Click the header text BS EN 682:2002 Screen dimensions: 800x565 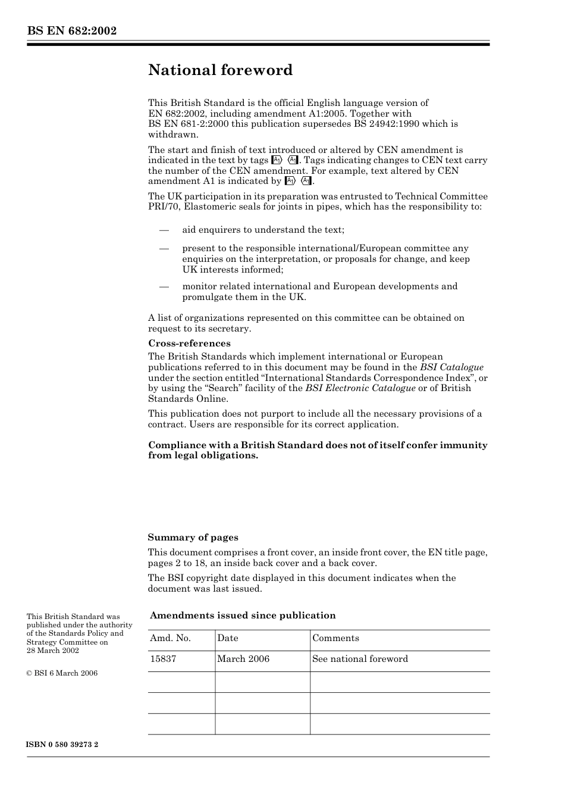[71, 31]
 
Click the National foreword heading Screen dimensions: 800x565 [220, 70]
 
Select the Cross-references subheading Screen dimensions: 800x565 [189, 343]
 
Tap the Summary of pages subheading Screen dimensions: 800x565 [193, 537]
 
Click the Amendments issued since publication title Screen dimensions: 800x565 [243, 615]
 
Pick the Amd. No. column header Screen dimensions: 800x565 [170, 638]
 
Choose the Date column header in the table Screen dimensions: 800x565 [227, 638]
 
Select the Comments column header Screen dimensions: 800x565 [335, 638]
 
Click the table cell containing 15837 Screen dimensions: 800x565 [163, 659]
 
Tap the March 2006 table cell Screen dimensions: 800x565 [243, 659]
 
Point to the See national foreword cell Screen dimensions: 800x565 [360, 659]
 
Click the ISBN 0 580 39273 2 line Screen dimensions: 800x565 [62, 745]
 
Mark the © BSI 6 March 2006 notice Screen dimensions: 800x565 [62, 673]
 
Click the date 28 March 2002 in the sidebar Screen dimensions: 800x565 [53, 651]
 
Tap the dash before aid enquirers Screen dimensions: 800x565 [164, 230]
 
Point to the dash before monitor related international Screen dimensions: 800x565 [164, 286]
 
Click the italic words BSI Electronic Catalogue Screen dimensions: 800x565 [360, 388]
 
